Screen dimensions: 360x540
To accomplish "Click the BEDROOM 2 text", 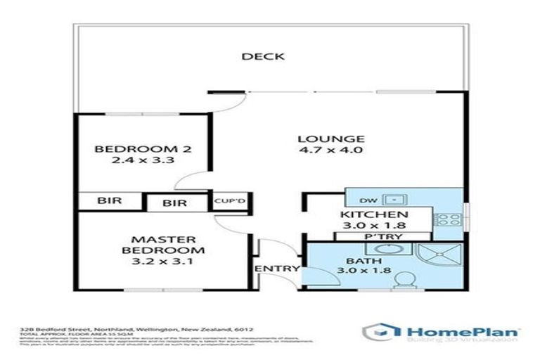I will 143,148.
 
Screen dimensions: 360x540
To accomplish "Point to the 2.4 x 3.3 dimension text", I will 143,160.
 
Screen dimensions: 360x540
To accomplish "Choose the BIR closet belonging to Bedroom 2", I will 109,200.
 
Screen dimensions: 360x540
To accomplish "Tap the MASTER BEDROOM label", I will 162,245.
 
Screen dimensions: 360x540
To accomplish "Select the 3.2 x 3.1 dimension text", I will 162,262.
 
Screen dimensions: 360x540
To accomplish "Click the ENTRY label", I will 277,269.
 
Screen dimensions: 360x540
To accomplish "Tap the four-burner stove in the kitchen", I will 446,220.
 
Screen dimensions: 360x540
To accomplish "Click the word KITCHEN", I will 374,214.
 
